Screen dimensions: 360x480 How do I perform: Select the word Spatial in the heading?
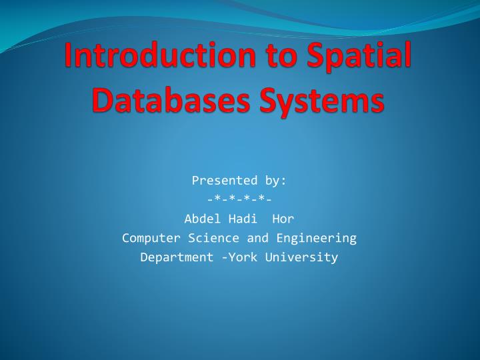coord(354,56)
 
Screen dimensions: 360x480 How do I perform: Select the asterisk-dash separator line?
coord(239,199)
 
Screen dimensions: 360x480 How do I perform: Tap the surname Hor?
coord(283,218)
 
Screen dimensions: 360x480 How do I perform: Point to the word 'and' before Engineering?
coord(258,237)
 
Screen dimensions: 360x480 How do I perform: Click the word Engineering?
coord(317,237)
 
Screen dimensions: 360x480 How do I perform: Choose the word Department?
coord(177,257)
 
